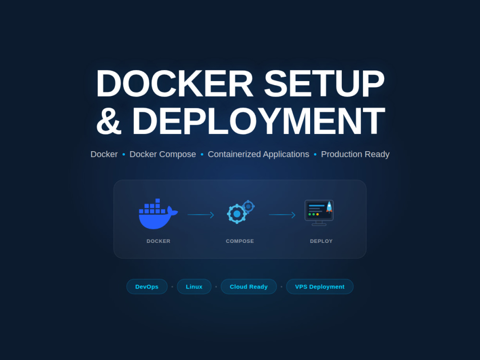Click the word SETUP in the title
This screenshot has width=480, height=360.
[324, 84]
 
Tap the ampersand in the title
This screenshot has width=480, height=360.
[109, 120]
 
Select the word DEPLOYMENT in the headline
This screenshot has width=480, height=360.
[258, 120]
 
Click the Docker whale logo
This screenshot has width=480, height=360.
[158, 214]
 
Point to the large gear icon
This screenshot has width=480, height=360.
[237, 214]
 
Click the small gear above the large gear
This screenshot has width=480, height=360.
[248, 206]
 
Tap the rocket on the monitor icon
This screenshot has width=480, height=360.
[329, 207]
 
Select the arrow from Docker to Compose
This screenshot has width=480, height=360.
[201, 215]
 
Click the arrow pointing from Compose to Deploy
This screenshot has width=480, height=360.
[282, 215]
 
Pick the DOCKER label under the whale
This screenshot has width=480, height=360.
[158, 241]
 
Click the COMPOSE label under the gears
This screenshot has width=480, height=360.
[240, 241]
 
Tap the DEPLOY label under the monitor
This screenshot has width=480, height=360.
[321, 241]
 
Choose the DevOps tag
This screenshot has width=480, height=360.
[147, 287]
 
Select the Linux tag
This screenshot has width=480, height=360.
[194, 287]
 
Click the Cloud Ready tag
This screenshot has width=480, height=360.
[249, 287]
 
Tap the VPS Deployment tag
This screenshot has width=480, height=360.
[320, 287]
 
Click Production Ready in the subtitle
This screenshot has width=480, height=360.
[355, 154]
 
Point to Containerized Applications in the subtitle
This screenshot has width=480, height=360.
[258, 154]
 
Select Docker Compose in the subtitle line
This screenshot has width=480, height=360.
[163, 154]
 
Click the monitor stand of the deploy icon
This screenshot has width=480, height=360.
[319, 224]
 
